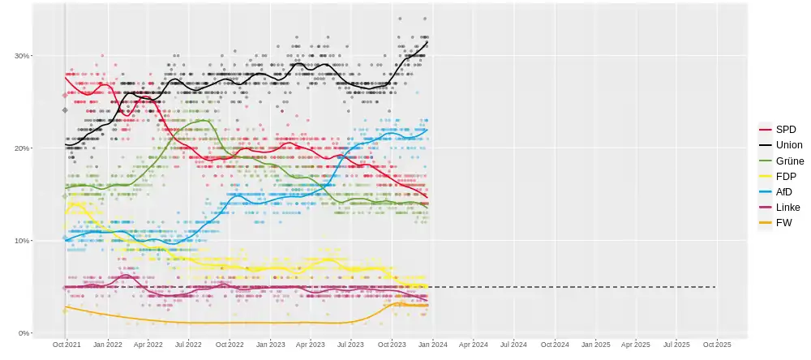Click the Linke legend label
click(787, 207)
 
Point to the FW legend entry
click(783, 222)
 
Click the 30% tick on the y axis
click(22, 56)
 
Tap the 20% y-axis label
click(22, 148)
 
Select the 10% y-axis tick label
click(22, 241)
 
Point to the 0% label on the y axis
click(24, 333)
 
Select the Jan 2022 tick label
click(107, 345)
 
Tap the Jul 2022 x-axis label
click(188, 345)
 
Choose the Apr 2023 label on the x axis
click(311, 345)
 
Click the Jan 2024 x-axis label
click(433, 345)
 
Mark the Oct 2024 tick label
click(556, 345)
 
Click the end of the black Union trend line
click(427, 41)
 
